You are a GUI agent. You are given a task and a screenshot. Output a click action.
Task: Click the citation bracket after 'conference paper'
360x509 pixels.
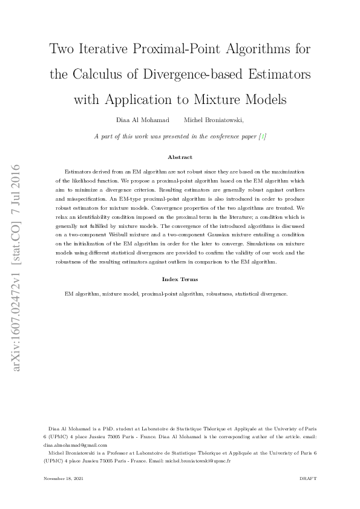point(262,137)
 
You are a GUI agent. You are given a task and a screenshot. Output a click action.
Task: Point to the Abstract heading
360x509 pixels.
point(180,157)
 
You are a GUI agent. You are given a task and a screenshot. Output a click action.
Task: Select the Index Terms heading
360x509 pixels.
point(180,279)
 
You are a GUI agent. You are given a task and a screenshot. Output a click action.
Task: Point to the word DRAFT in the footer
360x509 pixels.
point(308,478)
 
